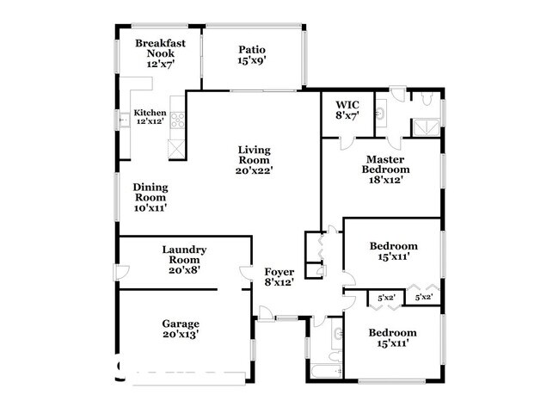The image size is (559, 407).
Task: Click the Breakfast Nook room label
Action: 155,48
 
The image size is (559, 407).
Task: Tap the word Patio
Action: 252,49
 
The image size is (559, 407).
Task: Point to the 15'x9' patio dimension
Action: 252,61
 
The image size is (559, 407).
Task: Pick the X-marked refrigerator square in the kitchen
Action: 177,149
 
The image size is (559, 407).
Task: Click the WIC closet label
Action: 347,103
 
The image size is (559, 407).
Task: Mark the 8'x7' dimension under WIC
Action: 347,114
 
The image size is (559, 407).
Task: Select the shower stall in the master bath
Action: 425,126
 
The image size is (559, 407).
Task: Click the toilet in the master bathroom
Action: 425,99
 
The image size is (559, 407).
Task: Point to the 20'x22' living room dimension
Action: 254,171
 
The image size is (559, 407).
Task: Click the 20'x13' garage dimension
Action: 181,335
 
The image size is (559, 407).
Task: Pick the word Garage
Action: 181,324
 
